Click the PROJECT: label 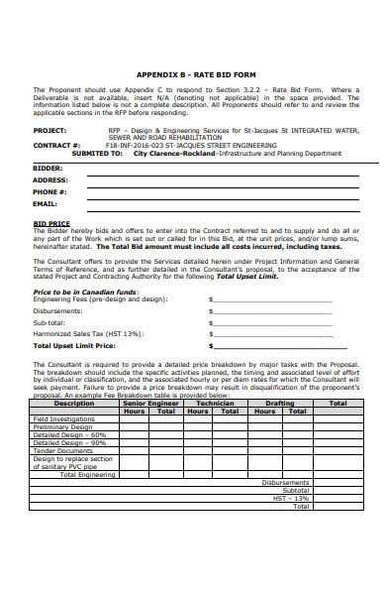[x=50, y=129]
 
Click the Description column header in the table [x=74, y=404]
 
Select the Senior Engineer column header [x=149, y=404]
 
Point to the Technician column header [x=215, y=404]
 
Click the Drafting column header [x=280, y=404]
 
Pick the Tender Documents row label [x=62, y=451]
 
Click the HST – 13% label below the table [x=291, y=498]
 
